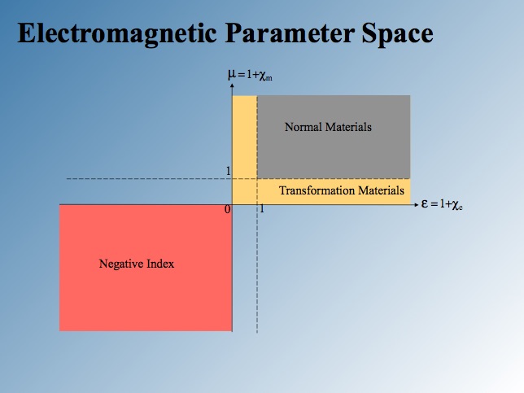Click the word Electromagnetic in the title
point(117,33)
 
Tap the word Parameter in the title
point(290,33)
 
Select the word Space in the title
point(398,34)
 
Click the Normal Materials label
point(328,127)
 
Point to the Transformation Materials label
point(342,190)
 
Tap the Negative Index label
point(137,264)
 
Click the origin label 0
point(228,210)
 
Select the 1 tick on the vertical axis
point(229,172)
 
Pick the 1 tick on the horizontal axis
point(262,209)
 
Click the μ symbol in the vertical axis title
point(232,74)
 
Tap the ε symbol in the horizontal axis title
point(425,203)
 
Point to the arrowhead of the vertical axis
point(232,85)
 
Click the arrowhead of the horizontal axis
point(416,204)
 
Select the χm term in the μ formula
point(266,76)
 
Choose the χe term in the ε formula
point(457,205)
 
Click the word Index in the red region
point(161,264)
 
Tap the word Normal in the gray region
point(303,127)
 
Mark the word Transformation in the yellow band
point(317,190)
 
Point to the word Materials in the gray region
point(348,127)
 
